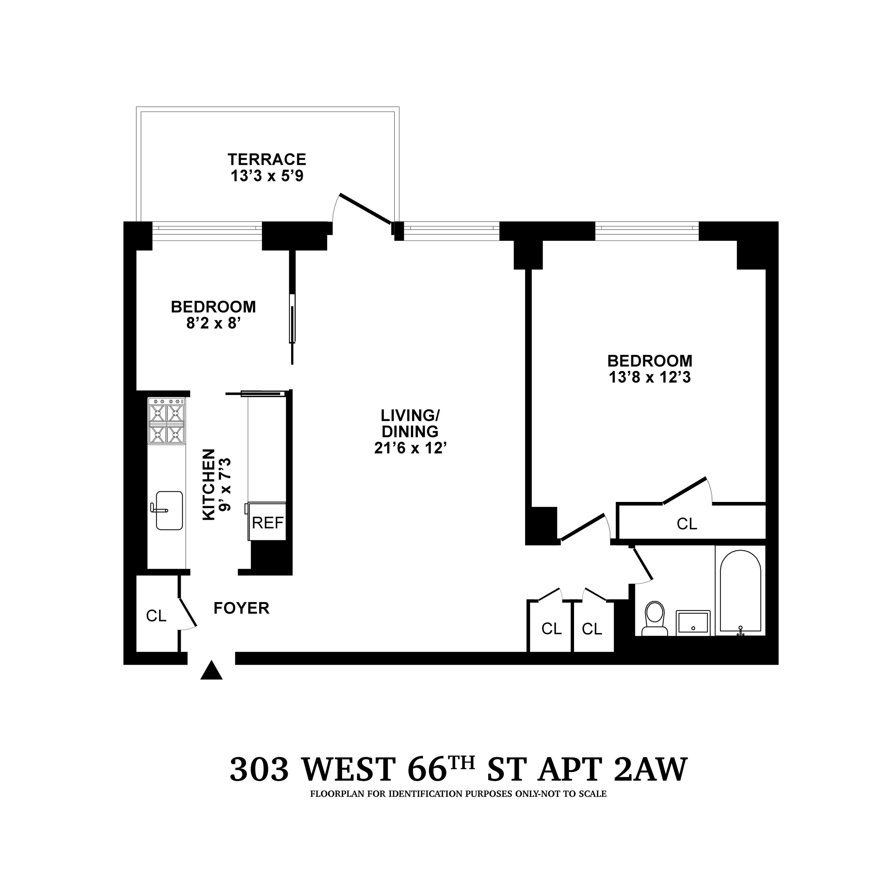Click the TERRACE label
coord(267,159)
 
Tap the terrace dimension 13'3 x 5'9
coord(267,177)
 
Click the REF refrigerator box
coord(267,523)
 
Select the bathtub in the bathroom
coord(740,591)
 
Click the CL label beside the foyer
coord(156,616)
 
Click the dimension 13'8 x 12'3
coord(649,378)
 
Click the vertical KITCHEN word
coord(209,484)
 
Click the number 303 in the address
coord(259,770)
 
